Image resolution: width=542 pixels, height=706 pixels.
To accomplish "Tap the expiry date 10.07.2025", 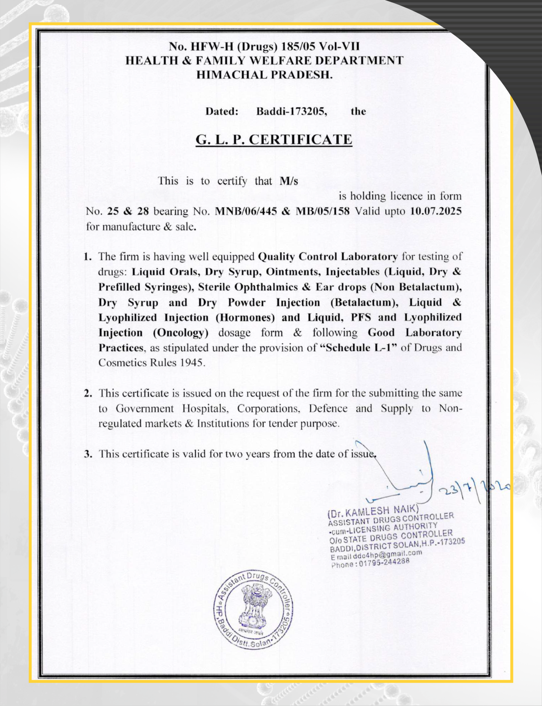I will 436,211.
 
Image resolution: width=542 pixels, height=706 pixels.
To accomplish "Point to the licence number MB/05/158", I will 323,211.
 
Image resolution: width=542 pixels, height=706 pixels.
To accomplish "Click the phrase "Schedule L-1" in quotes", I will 358,347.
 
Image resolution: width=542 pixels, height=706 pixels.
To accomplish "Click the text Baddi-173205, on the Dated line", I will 292,111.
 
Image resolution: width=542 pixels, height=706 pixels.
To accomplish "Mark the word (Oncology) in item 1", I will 181,333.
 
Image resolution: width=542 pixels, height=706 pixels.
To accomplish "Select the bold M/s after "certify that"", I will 289,181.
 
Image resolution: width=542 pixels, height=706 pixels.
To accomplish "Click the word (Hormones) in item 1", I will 245,317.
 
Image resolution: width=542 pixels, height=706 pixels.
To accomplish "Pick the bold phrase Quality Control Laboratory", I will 328,256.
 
